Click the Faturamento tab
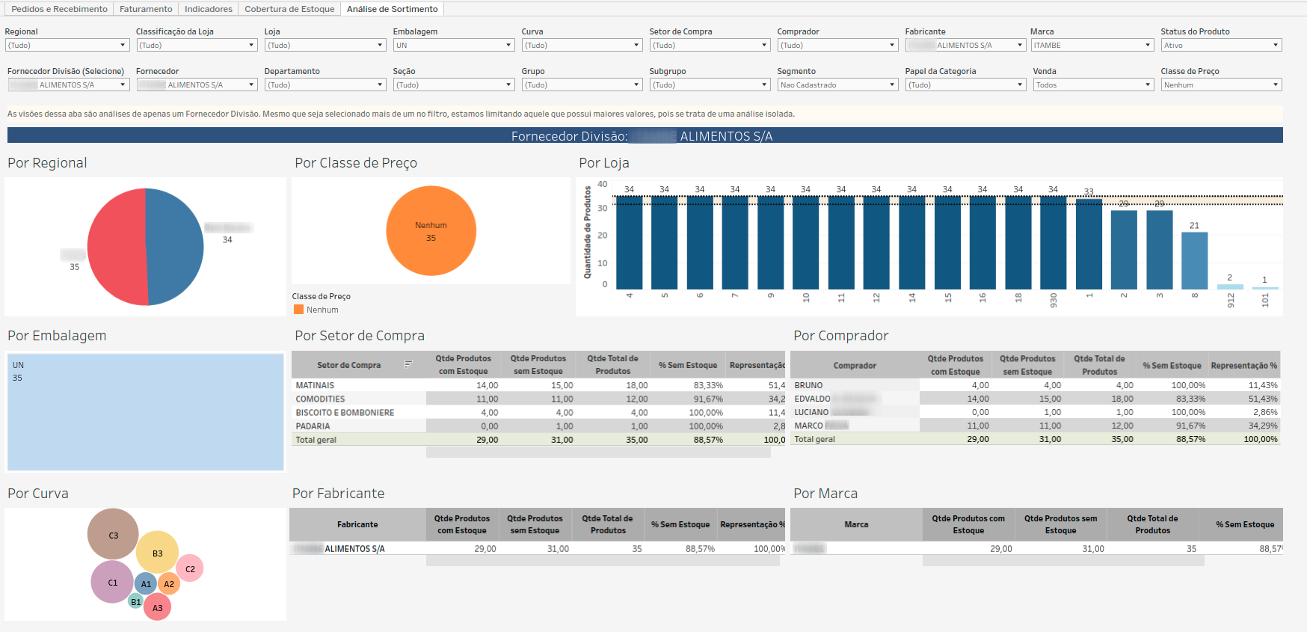click(x=146, y=9)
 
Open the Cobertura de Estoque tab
click(x=289, y=9)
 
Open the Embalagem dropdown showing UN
click(x=453, y=46)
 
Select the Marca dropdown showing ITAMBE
click(x=1092, y=46)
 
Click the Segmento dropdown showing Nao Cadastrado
click(x=837, y=85)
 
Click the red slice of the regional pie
click(x=116, y=247)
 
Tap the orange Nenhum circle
click(x=431, y=231)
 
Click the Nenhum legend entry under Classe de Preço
click(x=322, y=310)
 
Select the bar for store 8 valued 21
click(x=1194, y=260)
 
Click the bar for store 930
click(x=1053, y=242)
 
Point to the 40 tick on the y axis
click(x=603, y=184)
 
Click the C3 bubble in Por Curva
click(x=113, y=534)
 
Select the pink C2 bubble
click(x=190, y=568)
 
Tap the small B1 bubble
click(x=135, y=601)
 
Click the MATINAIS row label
click(x=315, y=385)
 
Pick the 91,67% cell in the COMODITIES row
click(x=707, y=399)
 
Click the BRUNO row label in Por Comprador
click(x=808, y=385)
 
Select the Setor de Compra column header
click(x=348, y=365)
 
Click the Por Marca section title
click(x=825, y=494)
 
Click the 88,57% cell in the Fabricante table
click(x=700, y=549)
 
